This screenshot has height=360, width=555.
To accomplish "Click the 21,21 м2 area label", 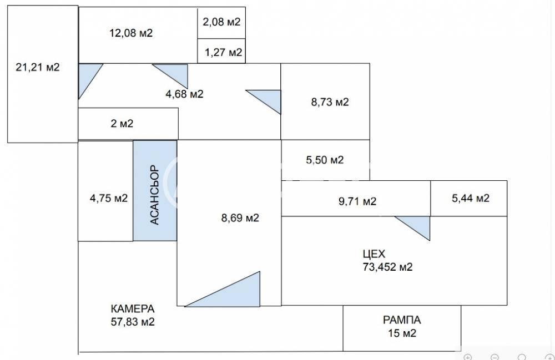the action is tap(38, 67).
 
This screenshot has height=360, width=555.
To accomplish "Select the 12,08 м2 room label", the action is tap(131, 33).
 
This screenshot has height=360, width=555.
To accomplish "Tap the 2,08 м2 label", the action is tap(221, 22).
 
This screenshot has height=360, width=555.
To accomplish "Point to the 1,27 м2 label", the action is tap(223, 52).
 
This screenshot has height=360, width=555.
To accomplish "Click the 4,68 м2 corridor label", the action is tap(184, 94).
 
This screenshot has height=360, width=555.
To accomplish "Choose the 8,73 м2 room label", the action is tap(330, 102).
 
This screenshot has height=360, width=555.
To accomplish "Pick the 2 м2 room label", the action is tap(122, 123).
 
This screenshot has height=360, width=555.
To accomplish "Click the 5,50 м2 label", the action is tap(325, 160).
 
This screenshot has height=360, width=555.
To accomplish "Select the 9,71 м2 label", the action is tap(357, 201).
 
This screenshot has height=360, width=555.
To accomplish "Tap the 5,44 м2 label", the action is tap(471, 198).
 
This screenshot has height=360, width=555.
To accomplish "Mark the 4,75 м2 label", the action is tap(109, 198).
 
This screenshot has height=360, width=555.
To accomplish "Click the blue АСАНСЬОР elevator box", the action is tap(155, 191).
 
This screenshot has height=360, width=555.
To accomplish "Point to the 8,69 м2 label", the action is tap(240, 218).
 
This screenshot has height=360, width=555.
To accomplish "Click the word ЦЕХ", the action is tap(374, 254).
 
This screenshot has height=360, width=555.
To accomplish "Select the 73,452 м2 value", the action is tap(387, 267).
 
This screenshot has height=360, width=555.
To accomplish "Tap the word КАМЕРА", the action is tap(133, 309).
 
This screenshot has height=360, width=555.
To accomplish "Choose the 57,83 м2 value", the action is tap(133, 322).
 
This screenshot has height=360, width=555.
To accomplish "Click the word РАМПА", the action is tap(402, 320).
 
